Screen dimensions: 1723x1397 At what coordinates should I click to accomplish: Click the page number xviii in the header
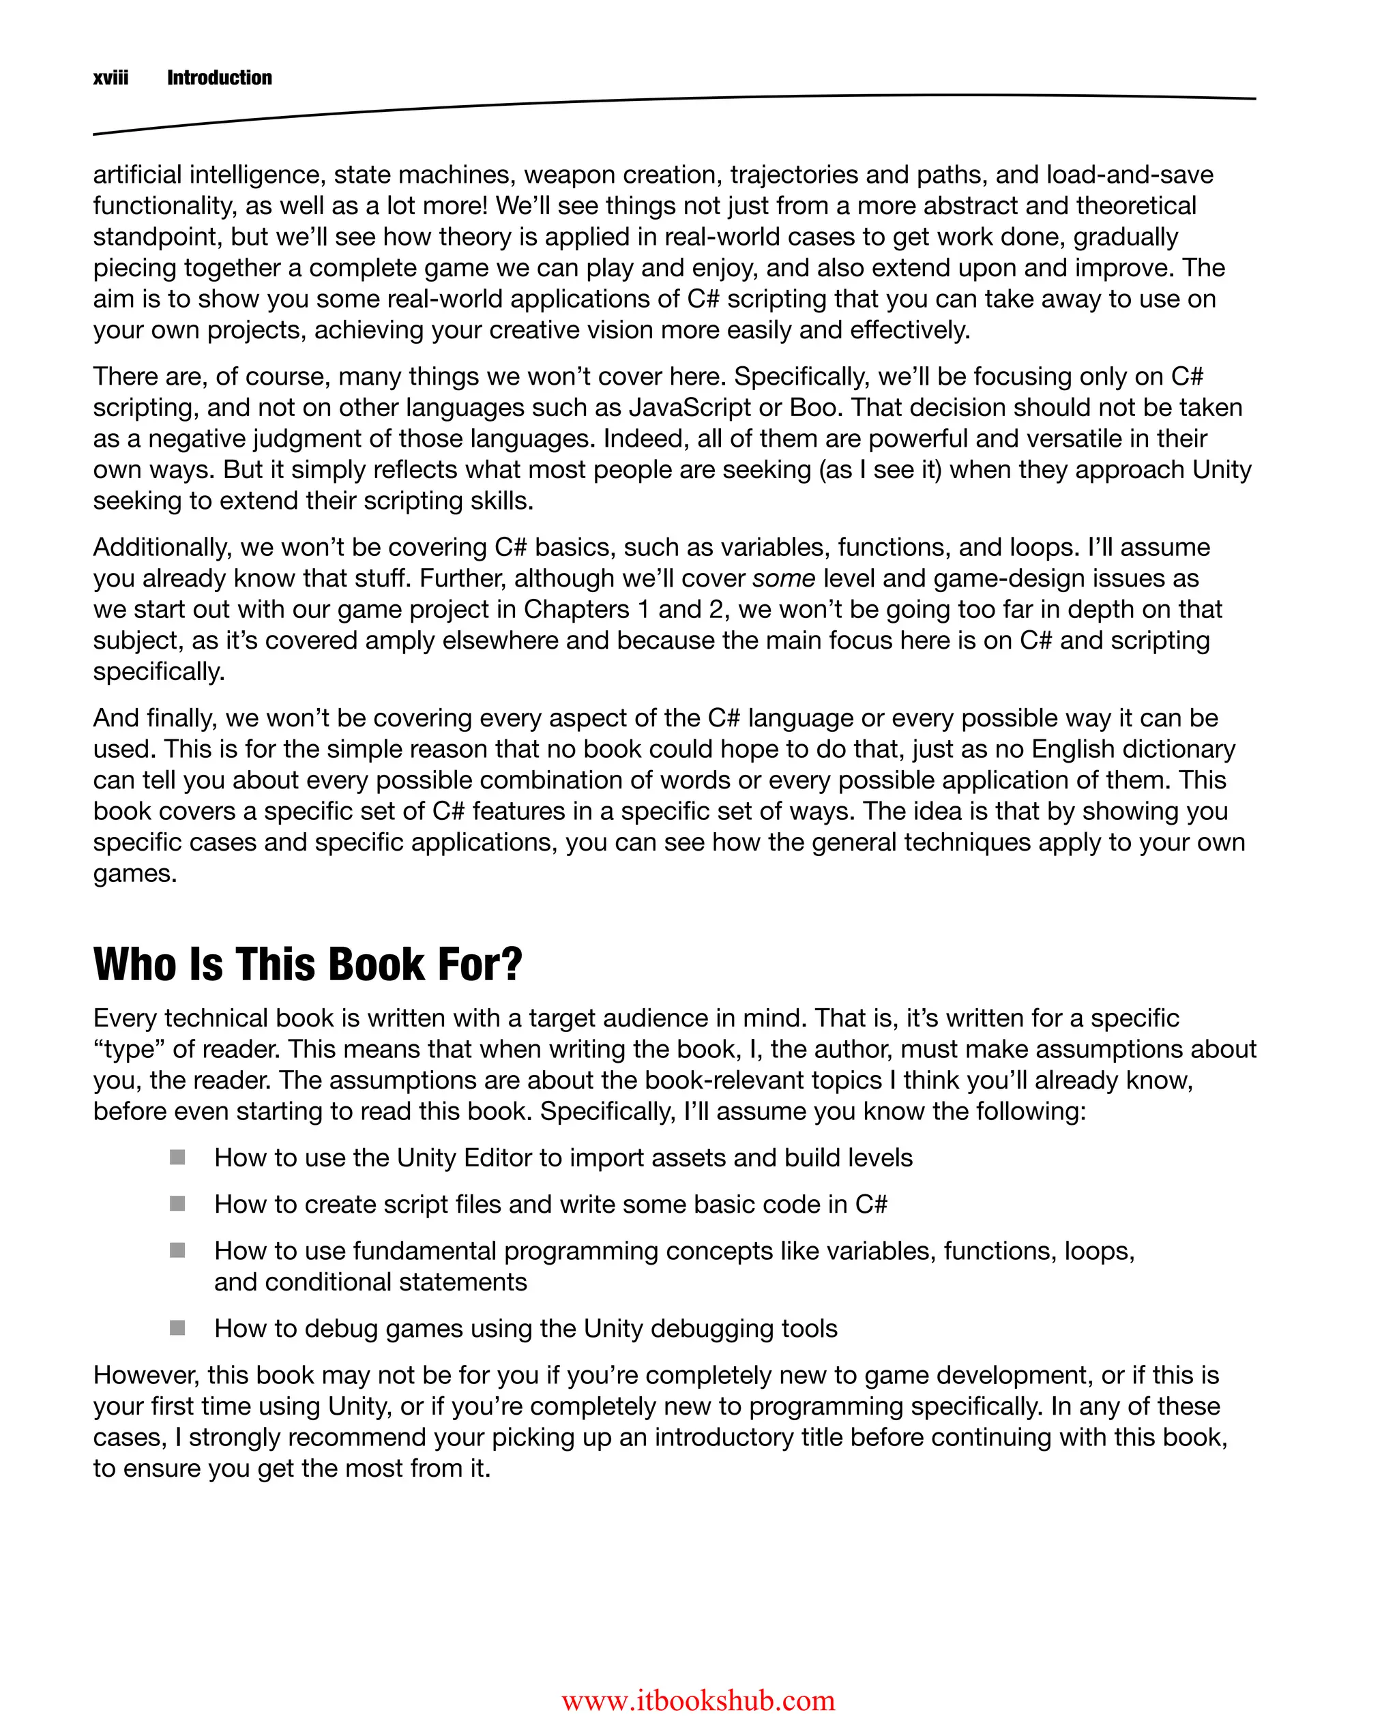tap(111, 78)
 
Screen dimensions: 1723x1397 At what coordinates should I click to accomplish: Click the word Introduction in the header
tap(219, 78)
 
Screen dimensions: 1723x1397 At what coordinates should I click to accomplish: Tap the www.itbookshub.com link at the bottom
tap(698, 1700)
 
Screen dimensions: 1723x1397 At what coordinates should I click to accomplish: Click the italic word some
tap(784, 578)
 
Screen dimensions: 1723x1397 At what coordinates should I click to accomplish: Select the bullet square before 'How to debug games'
tap(178, 1328)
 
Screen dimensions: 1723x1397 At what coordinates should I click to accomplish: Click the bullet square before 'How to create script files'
tap(178, 1204)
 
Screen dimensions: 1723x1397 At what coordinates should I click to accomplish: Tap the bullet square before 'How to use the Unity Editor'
tap(178, 1158)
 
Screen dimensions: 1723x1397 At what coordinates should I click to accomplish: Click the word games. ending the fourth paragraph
tap(134, 874)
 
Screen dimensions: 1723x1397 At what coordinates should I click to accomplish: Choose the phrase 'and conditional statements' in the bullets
tap(370, 1282)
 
